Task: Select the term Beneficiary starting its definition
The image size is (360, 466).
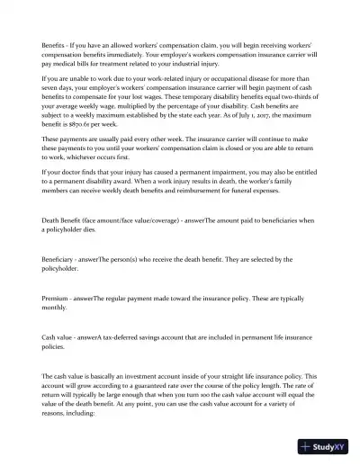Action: point(63,258)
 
